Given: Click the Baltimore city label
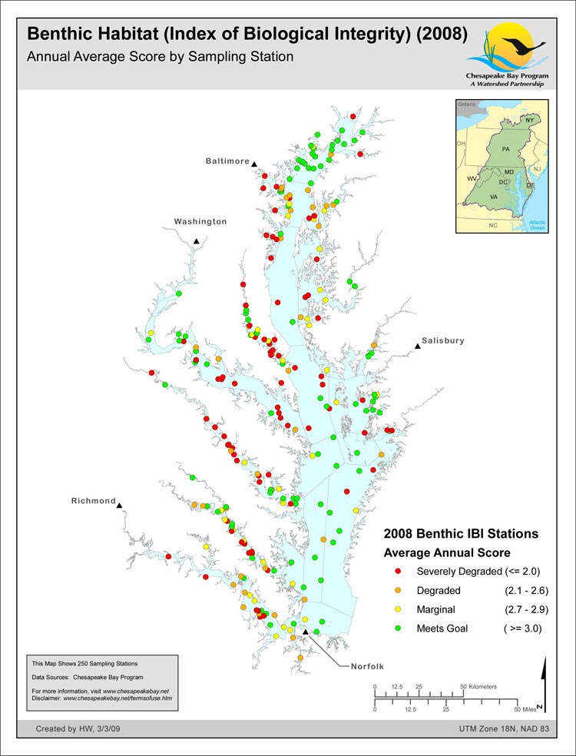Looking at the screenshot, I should click(x=227, y=161).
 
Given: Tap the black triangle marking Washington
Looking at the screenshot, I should click(x=197, y=241).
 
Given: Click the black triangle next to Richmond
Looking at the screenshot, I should click(x=121, y=505).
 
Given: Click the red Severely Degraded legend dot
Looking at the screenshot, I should click(x=397, y=572).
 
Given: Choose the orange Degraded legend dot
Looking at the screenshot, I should click(x=397, y=591).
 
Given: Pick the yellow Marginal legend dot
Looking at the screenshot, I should click(x=397, y=609).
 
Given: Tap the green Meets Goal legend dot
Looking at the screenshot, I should click(x=397, y=628).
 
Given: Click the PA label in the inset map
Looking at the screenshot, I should click(x=505, y=148).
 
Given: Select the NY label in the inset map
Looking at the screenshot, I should click(x=530, y=121).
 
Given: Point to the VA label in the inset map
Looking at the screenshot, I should click(x=494, y=197).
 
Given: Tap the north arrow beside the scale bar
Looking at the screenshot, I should click(x=543, y=684).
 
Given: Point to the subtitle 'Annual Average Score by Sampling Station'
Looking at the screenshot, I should click(x=161, y=57).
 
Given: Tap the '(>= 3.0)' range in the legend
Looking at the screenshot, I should click(x=525, y=628).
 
